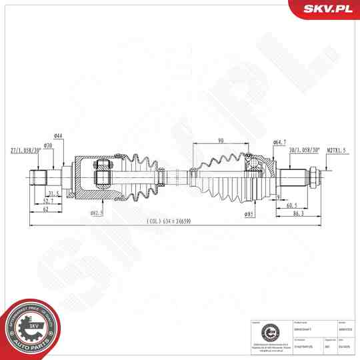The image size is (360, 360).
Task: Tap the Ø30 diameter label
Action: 48,145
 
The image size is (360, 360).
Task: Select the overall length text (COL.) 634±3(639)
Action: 171,222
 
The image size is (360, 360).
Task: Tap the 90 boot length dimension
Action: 221,140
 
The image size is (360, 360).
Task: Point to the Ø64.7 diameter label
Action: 280,143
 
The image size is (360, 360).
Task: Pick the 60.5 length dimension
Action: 292,206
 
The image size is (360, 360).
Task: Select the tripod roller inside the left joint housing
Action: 103,177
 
